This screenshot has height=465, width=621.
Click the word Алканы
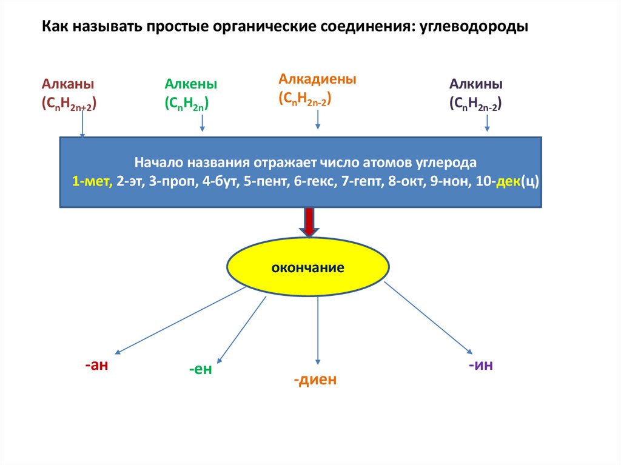(x=68, y=84)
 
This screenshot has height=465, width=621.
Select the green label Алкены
(x=190, y=84)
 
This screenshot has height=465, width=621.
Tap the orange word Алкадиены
(x=317, y=79)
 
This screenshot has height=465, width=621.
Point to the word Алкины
(x=476, y=84)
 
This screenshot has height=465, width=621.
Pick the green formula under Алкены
(x=186, y=104)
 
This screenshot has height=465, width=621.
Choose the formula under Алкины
(x=475, y=104)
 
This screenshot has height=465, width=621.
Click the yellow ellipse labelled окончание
(x=308, y=267)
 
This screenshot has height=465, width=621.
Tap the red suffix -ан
(x=96, y=366)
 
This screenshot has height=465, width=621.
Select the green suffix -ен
(x=200, y=369)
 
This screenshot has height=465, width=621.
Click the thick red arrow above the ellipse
(x=309, y=222)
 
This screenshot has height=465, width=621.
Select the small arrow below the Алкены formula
(x=203, y=123)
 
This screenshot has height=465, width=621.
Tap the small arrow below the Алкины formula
(x=487, y=123)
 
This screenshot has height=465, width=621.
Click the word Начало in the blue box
(x=159, y=163)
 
